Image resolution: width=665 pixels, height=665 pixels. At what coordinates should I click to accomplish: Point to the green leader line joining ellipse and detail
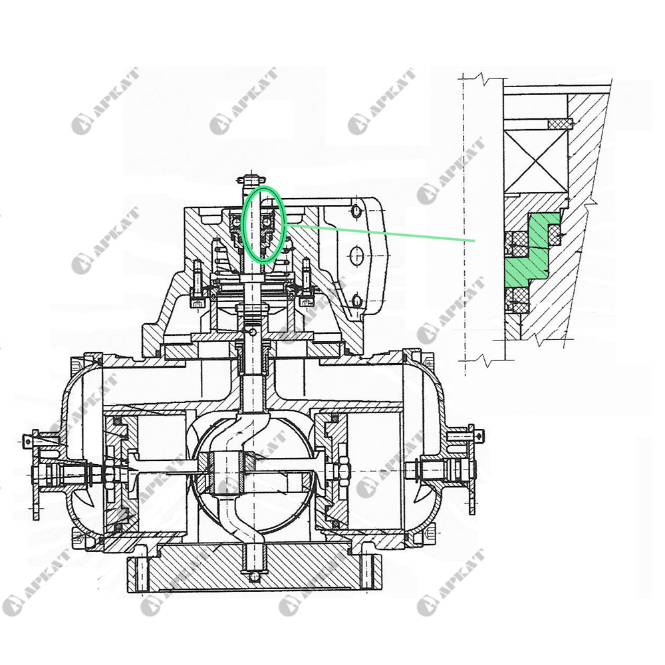[x=379, y=233]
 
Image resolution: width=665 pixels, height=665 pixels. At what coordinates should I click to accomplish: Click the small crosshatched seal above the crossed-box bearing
[x=560, y=124]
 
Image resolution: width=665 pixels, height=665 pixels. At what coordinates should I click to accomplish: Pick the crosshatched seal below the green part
[x=517, y=301]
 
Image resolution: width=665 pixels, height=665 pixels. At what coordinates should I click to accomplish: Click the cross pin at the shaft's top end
[x=253, y=179]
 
